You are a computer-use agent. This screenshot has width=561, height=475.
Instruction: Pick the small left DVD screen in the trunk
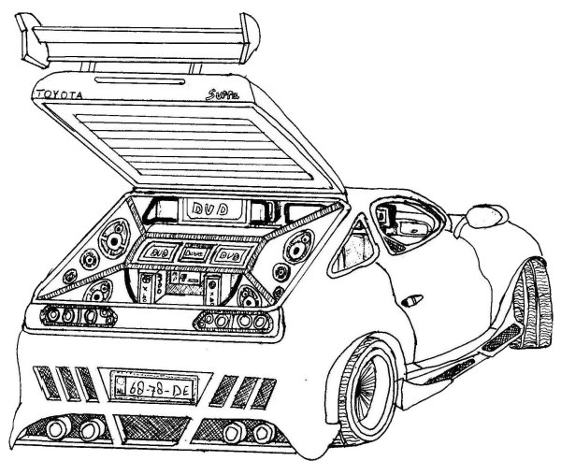pos(157,252)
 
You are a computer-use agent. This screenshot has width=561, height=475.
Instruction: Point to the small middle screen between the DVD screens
pos(192,253)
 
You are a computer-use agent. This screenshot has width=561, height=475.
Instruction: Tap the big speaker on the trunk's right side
pos(302,241)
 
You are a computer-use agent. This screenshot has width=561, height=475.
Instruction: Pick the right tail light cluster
pos(234,321)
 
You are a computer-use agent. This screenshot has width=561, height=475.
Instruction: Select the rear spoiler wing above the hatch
pos(140,42)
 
